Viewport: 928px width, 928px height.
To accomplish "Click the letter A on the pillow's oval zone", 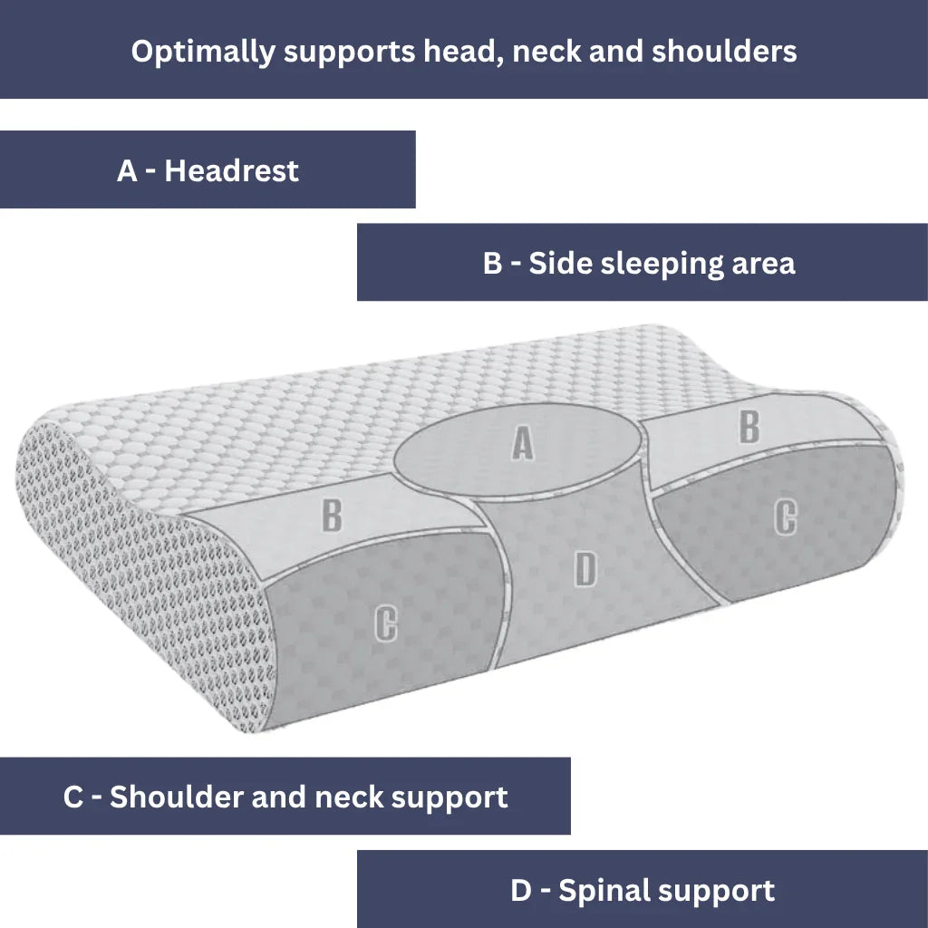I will pos(522,443).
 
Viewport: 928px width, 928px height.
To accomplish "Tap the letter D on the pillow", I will pos(586,569).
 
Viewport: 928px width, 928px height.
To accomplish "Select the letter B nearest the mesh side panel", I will pos(333,515).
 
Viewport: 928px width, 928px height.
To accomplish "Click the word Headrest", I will pos(231,170).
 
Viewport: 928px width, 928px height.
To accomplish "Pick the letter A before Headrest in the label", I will pos(127,170).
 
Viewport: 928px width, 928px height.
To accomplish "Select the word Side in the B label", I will pos(558,263).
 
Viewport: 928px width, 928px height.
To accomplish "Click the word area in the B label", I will pos(763,265).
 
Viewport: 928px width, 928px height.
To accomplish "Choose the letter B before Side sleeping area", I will pos(492,263).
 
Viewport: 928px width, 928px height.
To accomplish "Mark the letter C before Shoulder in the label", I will pos(73,797).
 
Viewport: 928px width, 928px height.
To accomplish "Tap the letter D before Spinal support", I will pos(520,890).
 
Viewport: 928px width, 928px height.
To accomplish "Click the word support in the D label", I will pos(722,892).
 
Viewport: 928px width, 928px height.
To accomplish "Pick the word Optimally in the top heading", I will pos(202,52).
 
